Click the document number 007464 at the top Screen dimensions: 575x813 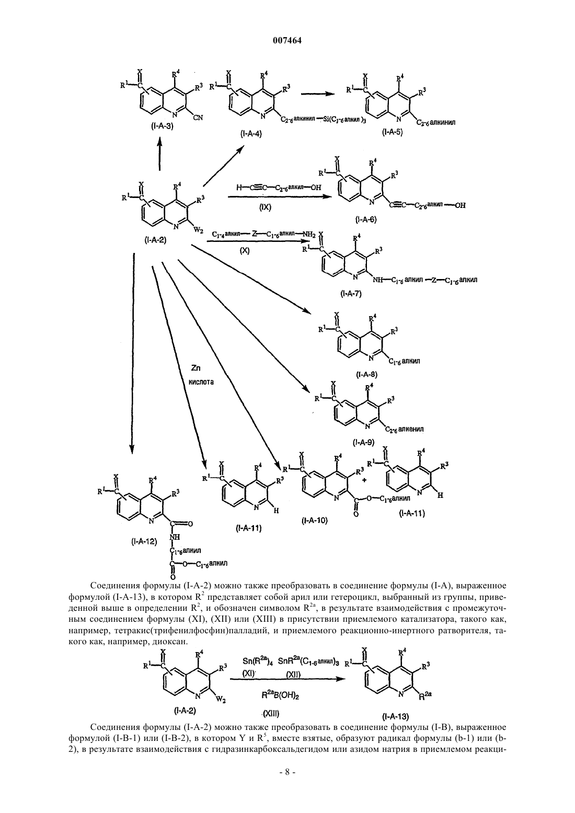287,41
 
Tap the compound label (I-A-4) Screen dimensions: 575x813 251,134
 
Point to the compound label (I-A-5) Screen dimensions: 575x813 393,132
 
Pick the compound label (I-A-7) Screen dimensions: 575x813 351,294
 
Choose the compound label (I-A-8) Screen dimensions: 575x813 366,374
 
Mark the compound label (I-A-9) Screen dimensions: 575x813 363,443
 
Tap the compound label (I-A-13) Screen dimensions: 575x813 395,716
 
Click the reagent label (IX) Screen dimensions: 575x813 264,207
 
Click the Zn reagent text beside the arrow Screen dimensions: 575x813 195,368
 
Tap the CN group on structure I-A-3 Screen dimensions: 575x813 198,117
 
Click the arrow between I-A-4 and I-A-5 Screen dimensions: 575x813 318,94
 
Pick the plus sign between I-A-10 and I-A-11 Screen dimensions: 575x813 364,480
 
